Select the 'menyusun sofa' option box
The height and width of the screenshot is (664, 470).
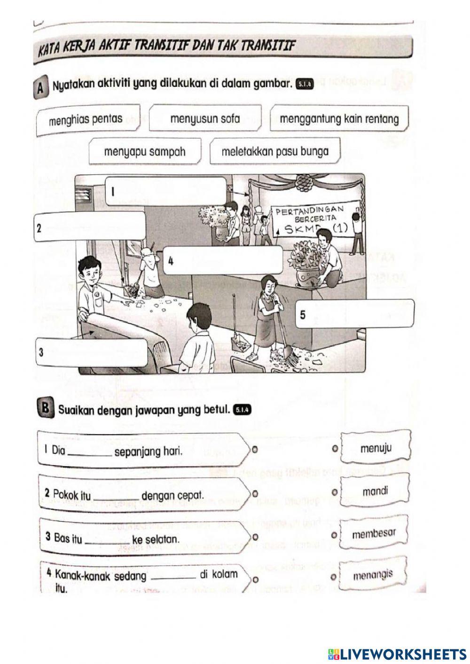(x=205, y=118)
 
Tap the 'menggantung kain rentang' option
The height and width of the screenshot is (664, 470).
(x=339, y=118)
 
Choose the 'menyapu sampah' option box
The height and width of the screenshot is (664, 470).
(x=145, y=152)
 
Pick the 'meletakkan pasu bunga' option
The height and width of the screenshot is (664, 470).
(x=274, y=152)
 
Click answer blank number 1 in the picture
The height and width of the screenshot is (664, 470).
(x=165, y=191)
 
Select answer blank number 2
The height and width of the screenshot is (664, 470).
(x=89, y=227)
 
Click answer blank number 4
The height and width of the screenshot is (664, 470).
(x=222, y=260)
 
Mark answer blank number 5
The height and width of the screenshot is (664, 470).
(x=355, y=314)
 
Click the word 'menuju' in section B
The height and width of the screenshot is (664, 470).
(x=376, y=448)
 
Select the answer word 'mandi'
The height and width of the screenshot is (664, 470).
(x=375, y=492)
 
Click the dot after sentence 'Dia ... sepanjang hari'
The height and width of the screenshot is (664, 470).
(x=254, y=449)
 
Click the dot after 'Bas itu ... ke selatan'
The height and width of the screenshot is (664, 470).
(x=254, y=536)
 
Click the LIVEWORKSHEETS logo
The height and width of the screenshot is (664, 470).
(x=398, y=654)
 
